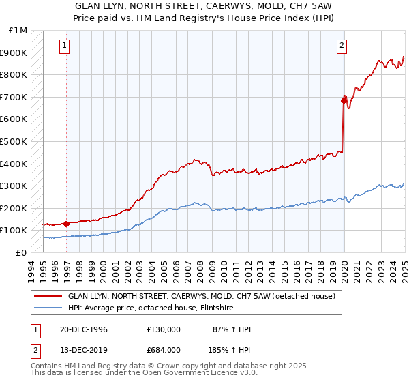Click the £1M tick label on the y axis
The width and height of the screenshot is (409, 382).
pyautogui.click(x=18, y=31)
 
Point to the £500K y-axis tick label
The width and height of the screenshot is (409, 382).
pyautogui.click(x=14, y=141)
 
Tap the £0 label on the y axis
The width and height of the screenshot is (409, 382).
pyautogui.click(x=22, y=252)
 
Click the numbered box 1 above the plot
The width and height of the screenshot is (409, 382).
pyautogui.click(x=65, y=46)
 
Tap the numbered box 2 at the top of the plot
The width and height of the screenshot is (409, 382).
pyautogui.click(x=341, y=46)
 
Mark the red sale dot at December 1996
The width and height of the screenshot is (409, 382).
pyautogui.click(x=66, y=224)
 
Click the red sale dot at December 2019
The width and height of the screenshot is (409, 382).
pyautogui.click(x=344, y=100)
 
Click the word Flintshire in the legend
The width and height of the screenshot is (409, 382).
pyautogui.click(x=235, y=308)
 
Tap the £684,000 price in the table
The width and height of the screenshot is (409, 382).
pyautogui.click(x=163, y=350)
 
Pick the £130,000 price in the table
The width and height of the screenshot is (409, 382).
pyautogui.click(x=163, y=329)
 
